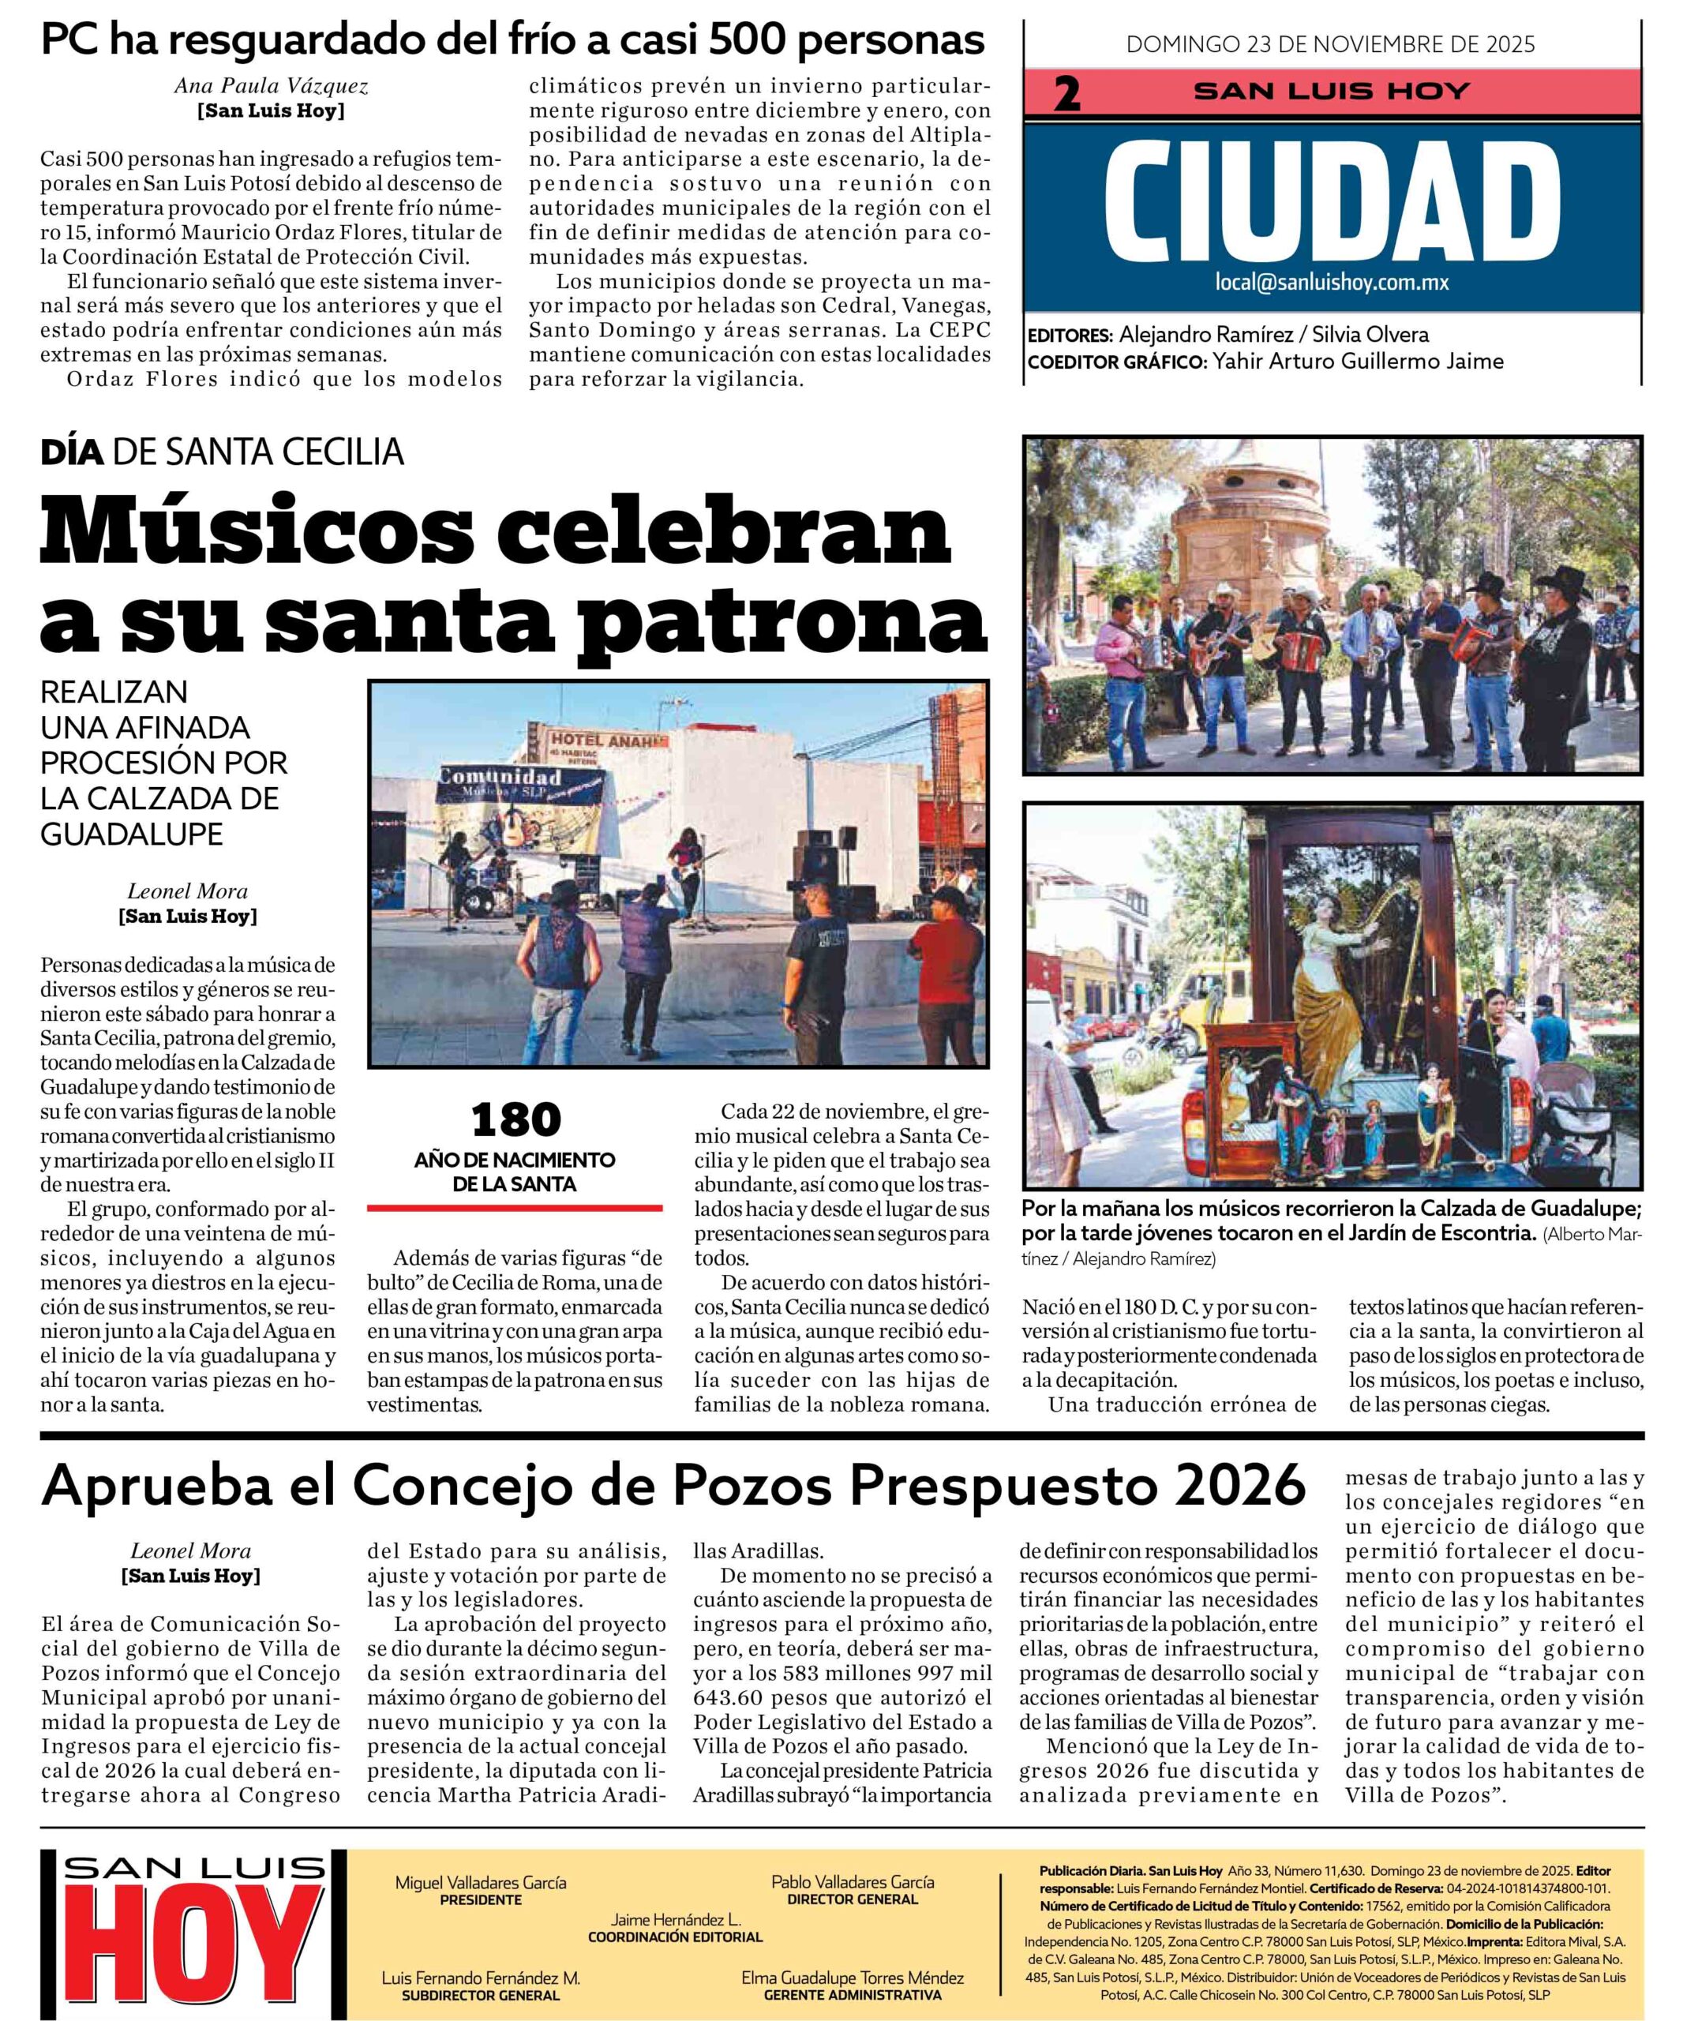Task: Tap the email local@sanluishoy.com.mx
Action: pos(1332,283)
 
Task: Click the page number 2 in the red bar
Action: pos(1066,94)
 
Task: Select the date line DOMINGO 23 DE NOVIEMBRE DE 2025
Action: pos(1331,44)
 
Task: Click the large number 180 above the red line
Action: pos(515,1119)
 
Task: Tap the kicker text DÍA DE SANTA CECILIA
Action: pos(223,452)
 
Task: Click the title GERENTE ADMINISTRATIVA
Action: pos(852,1996)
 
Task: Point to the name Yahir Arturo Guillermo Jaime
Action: pos(1357,362)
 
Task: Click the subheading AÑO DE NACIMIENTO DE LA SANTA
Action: pos(515,1172)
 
